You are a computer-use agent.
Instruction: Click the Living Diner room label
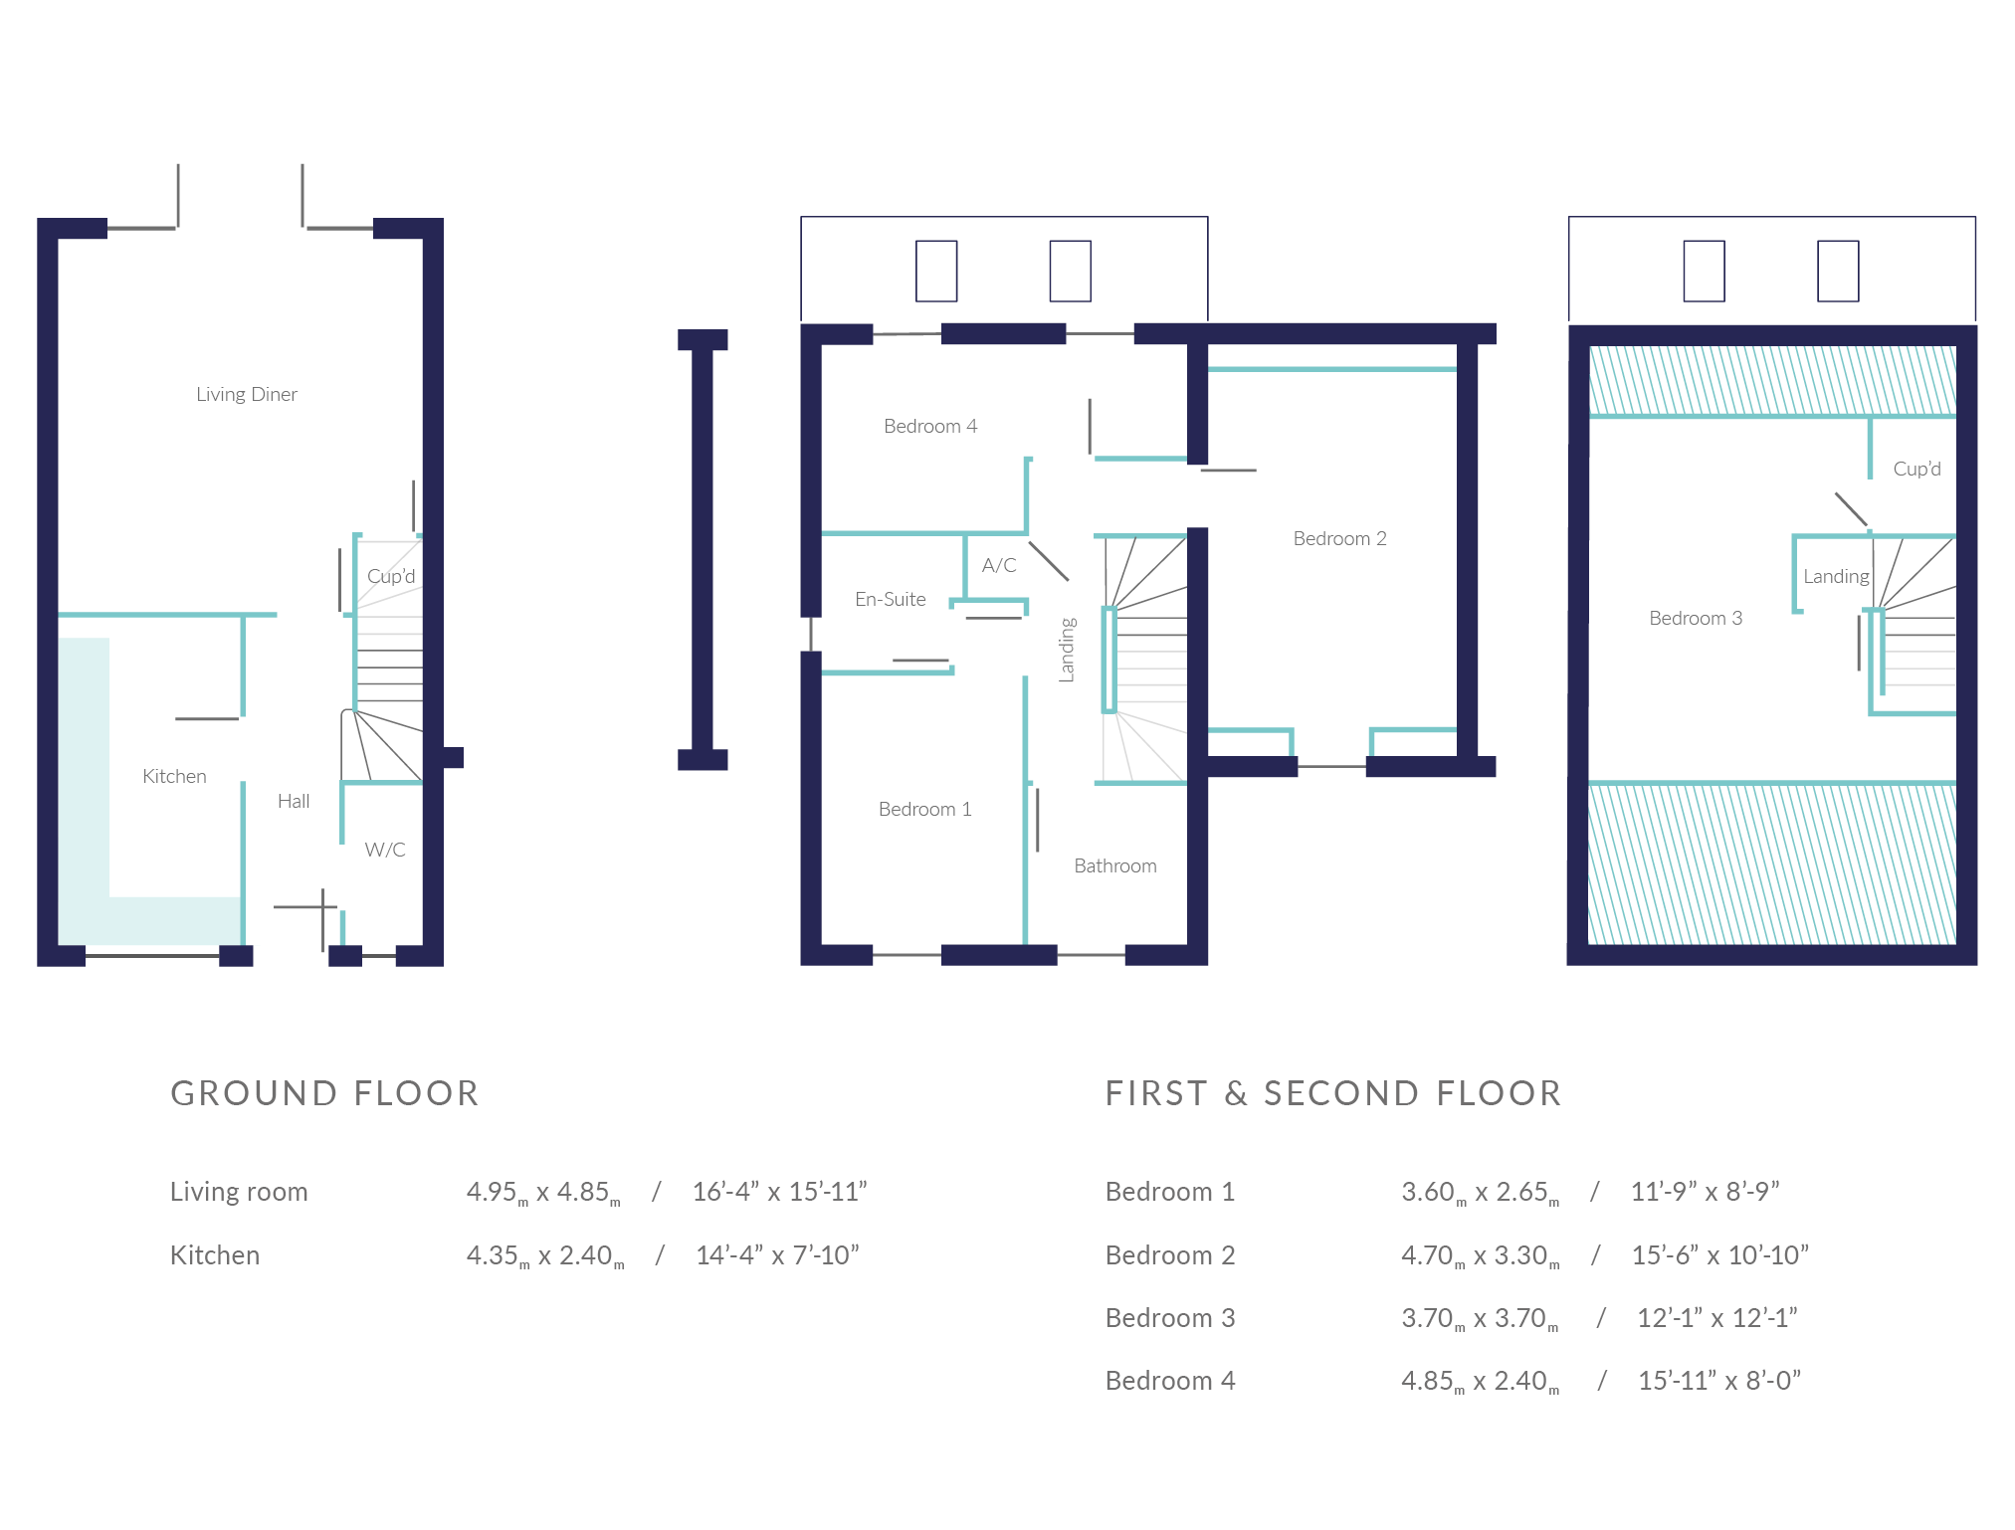coord(247,394)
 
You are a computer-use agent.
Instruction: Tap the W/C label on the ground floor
coord(385,850)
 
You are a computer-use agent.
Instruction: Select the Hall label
coord(294,801)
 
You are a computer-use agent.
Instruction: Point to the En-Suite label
coord(891,599)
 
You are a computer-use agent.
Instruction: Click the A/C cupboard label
coord(999,565)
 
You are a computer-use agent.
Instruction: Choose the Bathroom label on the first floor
coord(1115,865)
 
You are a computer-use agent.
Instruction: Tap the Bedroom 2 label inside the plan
coord(1339,538)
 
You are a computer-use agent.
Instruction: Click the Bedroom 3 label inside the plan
coord(1696,618)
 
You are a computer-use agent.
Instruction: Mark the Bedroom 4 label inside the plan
coord(930,426)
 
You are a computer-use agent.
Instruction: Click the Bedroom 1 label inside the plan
coord(924,809)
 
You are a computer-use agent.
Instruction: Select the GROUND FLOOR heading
coord(324,1093)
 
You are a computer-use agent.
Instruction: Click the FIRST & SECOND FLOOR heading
coord(1333,1093)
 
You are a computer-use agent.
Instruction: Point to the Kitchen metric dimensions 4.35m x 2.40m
coord(545,1255)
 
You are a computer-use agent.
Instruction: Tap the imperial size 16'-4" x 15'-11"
coord(780,1191)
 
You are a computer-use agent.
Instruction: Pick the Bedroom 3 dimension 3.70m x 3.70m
coord(1480,1318)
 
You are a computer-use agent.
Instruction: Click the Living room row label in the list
coord(239,1192)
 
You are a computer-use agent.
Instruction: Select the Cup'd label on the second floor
coord(1916,469)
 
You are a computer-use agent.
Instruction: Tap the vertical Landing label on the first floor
coord(1067,650)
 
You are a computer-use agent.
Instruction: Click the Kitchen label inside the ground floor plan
coord(174,776)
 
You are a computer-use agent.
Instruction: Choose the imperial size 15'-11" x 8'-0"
coord(1719,1380)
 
